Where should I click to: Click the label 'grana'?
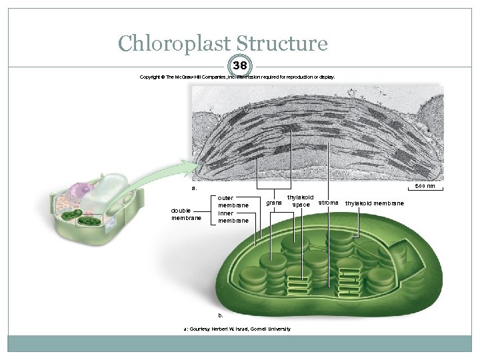click(x=273, y=201)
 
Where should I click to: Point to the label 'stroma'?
click(x=329, y=201)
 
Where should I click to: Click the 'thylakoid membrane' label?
click(x=374, y=203)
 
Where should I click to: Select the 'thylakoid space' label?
click(x=300, y=201)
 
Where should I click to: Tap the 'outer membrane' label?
click(x=233, y=201)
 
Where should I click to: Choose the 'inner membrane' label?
click(x=233, y=217)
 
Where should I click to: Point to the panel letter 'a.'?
click(x=194, y=188)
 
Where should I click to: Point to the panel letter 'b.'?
click(x=221, y=314)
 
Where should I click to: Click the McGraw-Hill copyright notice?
click(x=237, y=77)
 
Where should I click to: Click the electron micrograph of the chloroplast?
click(x=317, y=133)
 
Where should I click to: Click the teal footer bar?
click(x=240, y=343)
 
